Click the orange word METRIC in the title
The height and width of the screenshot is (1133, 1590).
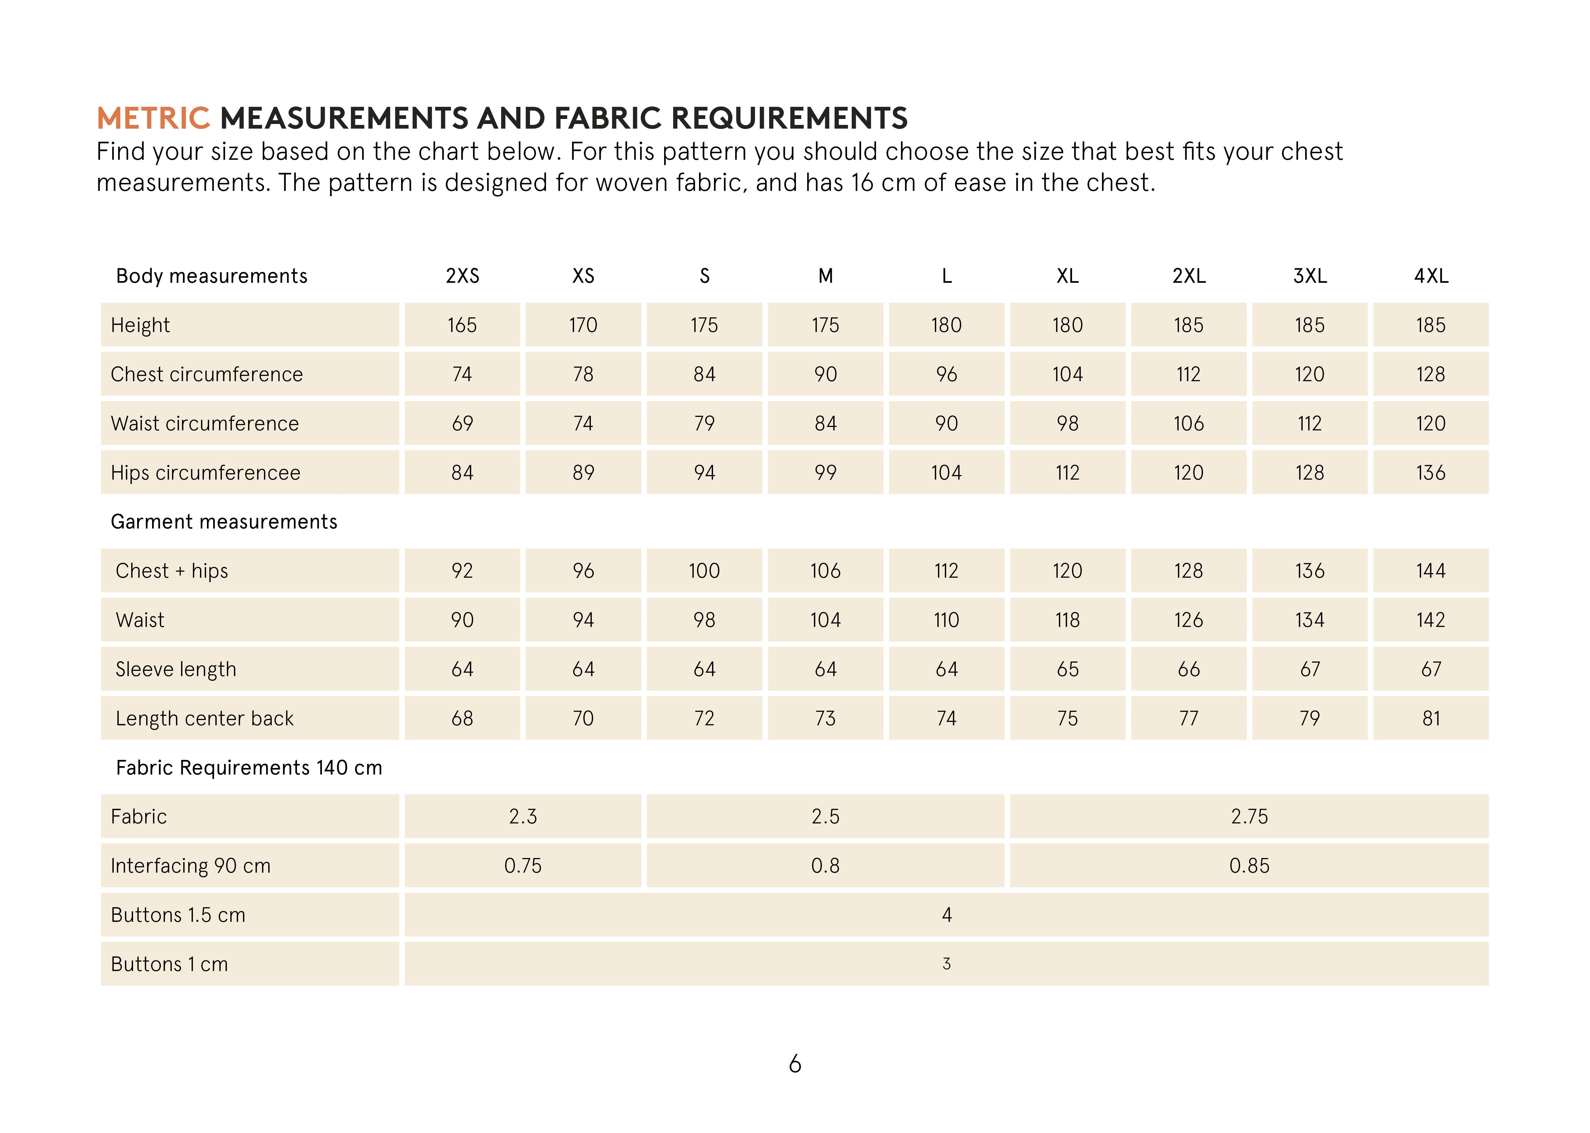153,119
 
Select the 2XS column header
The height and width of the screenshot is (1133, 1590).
462,276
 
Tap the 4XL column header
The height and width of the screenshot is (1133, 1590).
1431,276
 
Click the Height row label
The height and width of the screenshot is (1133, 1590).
140,325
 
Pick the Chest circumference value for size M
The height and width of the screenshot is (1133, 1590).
825,375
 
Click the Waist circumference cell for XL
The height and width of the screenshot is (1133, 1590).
1067,424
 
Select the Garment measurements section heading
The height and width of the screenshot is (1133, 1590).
224,522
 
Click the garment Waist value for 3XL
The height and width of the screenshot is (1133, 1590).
1310,620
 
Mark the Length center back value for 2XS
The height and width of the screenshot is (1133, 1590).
462,718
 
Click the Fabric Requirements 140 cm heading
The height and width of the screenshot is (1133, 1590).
249,768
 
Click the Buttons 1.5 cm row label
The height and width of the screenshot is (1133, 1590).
178,915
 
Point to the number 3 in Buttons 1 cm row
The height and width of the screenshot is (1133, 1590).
946,964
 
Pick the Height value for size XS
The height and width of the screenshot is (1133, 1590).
583,325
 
